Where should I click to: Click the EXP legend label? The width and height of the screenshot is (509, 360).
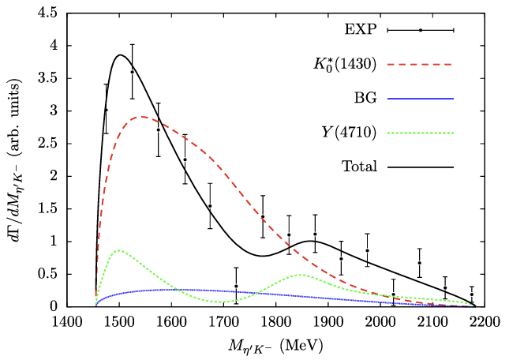(360, 30)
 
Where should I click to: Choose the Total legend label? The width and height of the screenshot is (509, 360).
(361, 167)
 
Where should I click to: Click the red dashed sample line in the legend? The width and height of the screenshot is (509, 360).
(425, 64)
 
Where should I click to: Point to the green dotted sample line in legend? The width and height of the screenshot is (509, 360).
(425, 133)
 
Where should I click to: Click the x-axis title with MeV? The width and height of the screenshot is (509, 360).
(275, 345)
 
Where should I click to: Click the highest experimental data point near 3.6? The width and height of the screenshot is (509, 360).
(132, 72)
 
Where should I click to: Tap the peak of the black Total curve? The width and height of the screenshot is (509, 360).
(119, 55)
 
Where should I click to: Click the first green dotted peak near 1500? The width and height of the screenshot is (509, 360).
(118, 250)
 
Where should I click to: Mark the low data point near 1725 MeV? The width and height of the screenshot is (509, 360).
(236, 286)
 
